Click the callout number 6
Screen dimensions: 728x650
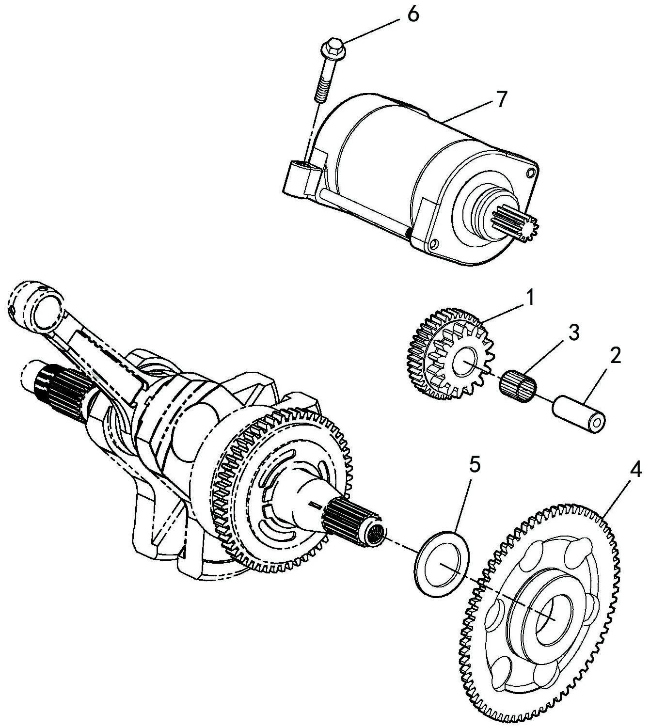(x=412, y=15)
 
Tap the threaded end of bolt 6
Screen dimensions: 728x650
(x=320, y=93)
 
